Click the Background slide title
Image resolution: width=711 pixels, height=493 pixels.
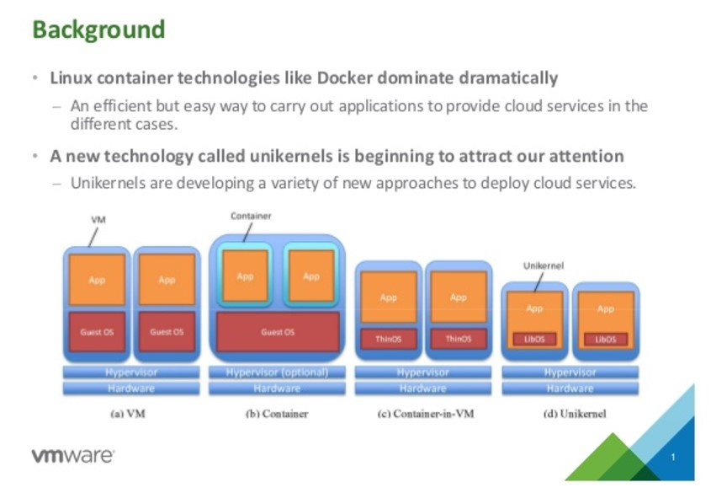click(x=98, y=29)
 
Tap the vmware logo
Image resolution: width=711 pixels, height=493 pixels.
click(x=73, y=456)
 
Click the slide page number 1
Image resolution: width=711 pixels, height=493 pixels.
click(x=673, y=458)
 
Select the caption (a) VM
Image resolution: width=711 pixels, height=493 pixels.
click(x=131, y=414)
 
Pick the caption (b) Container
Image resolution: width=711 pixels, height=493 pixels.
click(x=277, y=414)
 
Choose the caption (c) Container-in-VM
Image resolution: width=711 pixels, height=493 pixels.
click(x=422, y=414)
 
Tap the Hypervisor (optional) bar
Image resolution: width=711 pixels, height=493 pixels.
click(x=277, y=372)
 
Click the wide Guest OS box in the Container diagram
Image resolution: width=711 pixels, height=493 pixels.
click(x=277, y=332)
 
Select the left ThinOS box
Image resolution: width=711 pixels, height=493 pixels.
click(x=388, y=339)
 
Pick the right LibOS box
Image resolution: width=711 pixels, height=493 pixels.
click(x=605, y=339)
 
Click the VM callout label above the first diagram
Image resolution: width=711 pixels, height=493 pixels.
click(x=98, y=219)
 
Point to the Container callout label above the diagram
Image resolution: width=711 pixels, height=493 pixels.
click(x=251, y=217)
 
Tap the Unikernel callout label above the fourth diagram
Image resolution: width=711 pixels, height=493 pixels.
click(x=544, y=265)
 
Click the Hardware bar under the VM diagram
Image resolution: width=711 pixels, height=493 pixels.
click(x=131, y=389)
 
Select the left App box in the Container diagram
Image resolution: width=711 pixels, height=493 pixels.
click(x=245, y=276)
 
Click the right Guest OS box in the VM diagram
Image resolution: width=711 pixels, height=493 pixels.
click(x=167, y=332)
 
